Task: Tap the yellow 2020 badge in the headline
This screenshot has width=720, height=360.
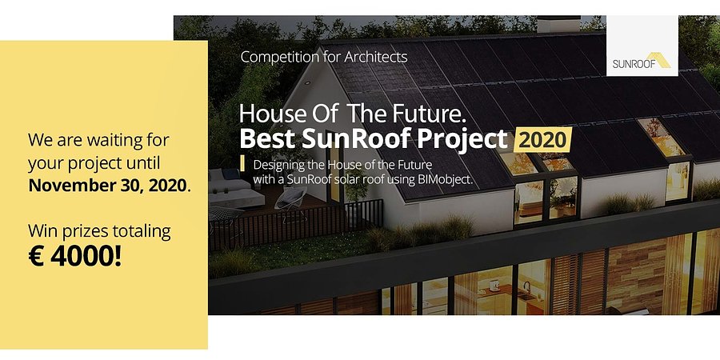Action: [x=542, y=139]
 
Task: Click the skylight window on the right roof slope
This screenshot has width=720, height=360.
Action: [x=661, y=138]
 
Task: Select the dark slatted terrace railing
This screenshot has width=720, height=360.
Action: [x=304, y=221]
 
